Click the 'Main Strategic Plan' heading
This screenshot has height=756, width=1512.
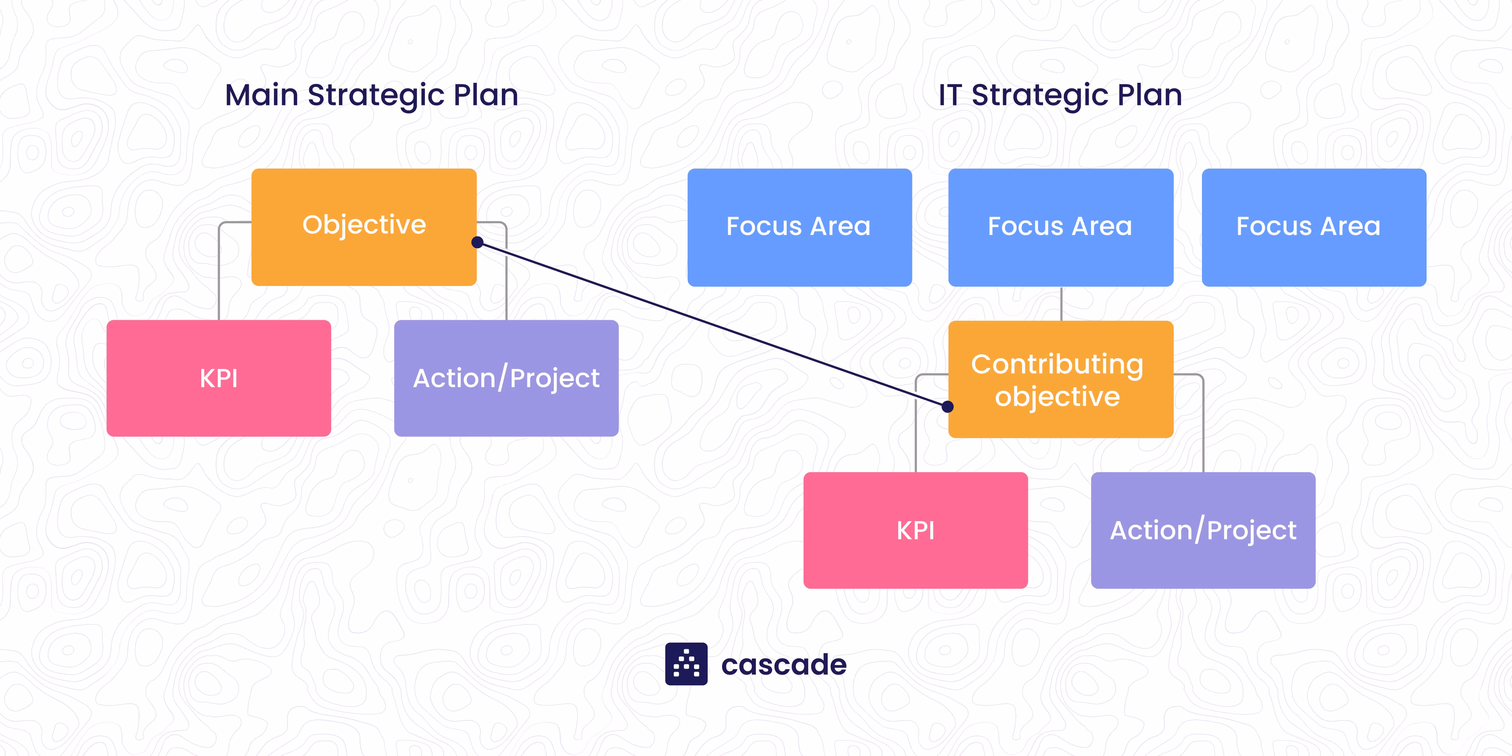pyautogui.click(x=371, y=95)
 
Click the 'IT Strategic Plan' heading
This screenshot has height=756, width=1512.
pyautogui.click(x=1060, y=95)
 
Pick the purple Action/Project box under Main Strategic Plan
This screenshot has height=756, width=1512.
pyautogui.click(x=506, y=378)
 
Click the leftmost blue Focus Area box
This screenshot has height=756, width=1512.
pyautogui.click(x=799, y=227)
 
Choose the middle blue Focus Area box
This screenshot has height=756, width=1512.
pyautogui.click(x=1061, y=227)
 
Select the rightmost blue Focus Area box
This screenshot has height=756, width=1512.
pyautogui.click(x=1314, y=227)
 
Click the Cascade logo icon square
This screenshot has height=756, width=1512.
pyautogui.click(x=686, y=664)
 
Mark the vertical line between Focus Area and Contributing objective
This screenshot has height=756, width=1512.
pyautogui.click(x=1061, y=303)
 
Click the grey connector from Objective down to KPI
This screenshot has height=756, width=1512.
pyautogui.click(x=219, y=270)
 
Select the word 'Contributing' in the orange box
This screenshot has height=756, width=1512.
pyautogui.click(x=1057, y=364)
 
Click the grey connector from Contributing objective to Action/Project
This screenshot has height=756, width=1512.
pyautogui.click(x=1203, y=423)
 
